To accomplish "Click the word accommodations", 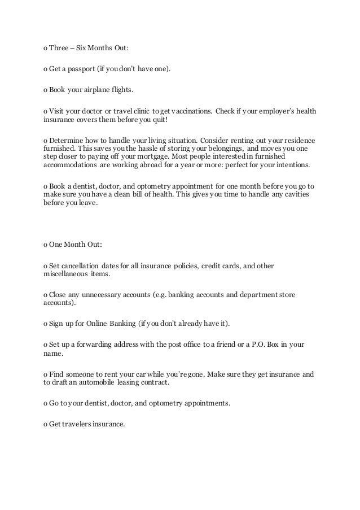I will pos(71,168).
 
